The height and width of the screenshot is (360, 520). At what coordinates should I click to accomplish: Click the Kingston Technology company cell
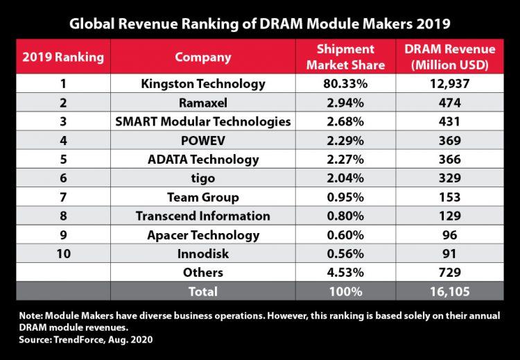pyautogui.click(x=202, y=85)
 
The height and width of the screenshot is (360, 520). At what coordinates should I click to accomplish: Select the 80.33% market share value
pyautogui.click(x=345, y=85)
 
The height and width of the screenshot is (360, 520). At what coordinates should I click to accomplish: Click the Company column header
pyautogui.click(x=202, y=57)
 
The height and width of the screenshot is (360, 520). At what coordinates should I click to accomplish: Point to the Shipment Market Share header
pyautogui.click(x=345, y=57)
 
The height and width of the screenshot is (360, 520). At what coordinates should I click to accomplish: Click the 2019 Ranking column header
pyautogui.click(x=64, y=57)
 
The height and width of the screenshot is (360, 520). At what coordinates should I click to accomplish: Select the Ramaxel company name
pyautogui.click(x=202, y=103)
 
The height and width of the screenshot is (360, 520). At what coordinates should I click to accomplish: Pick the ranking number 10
pyautogui.click(x=64, y=253)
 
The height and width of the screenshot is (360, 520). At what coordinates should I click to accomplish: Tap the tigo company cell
pyautogui.click(x=202, y=178)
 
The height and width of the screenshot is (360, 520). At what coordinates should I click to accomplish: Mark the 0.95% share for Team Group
pyautogui.click(x=345, y=197)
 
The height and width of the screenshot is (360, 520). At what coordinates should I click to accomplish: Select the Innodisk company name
pyautogui.click(x=202, y=253)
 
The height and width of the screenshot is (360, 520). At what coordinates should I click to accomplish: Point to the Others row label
pyautogui.click(x=202, y=272)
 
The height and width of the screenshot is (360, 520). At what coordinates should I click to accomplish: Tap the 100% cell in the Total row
pyautogui.click(x=345, y=291)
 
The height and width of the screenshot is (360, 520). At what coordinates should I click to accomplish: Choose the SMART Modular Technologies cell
pyautogui.click(x=202, y=122)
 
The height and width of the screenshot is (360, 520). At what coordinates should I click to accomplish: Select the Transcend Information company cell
pyautogui.click(x=202, y=216)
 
